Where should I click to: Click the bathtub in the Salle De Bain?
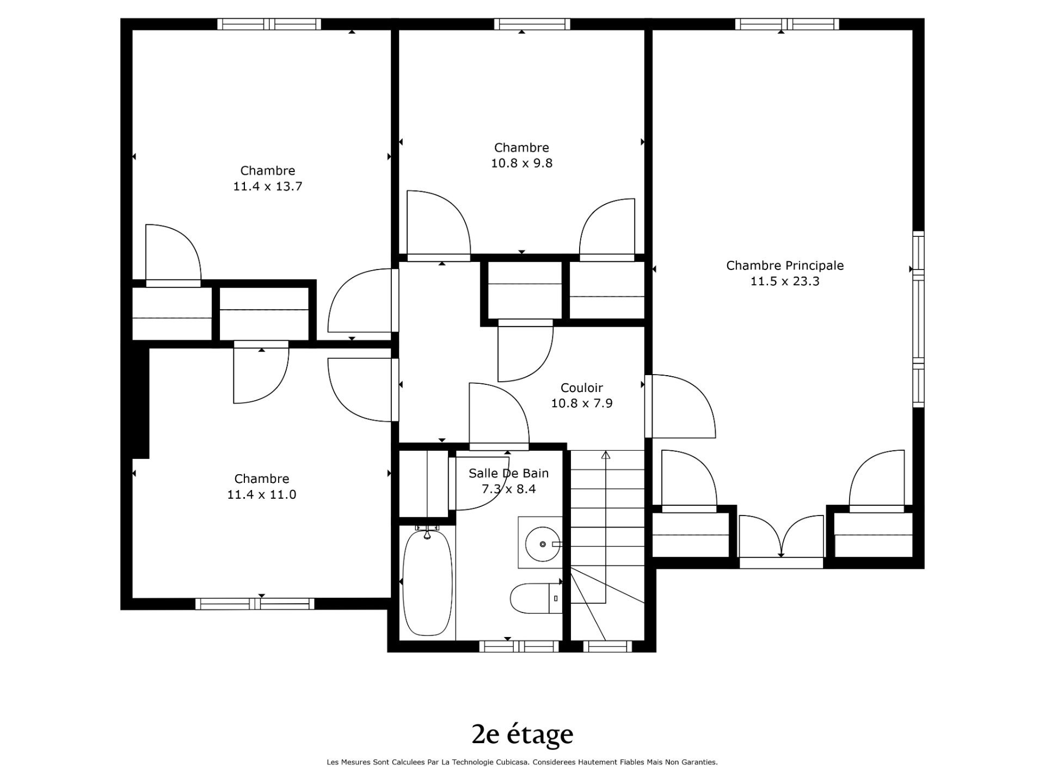[x=427, y=582]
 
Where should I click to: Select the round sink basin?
[x=542, y=544]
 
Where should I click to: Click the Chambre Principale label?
[x=785, y=266]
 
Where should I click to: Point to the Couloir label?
[x=582, y=388]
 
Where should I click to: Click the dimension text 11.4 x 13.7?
[x=268, y=186]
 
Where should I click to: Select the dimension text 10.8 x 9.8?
[x=522, y=163]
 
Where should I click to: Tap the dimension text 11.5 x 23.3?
[x=785, y=281]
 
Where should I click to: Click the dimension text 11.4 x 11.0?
[x=262, y=494]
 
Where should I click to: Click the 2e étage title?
[x=522, y=734]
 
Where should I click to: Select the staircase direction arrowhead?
[x=606, y=455]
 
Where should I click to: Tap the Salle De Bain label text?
[x=509, y=473]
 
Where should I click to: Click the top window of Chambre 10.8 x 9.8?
[x=532, y=24]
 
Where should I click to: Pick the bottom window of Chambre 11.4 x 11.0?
[x=255, y=604]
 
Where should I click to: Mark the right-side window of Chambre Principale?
[x=918, y=319]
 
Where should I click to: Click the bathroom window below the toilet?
[x=519, y=646]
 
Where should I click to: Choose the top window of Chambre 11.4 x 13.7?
[x=269, y=24]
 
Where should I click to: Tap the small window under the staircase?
[x=607, y=646]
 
